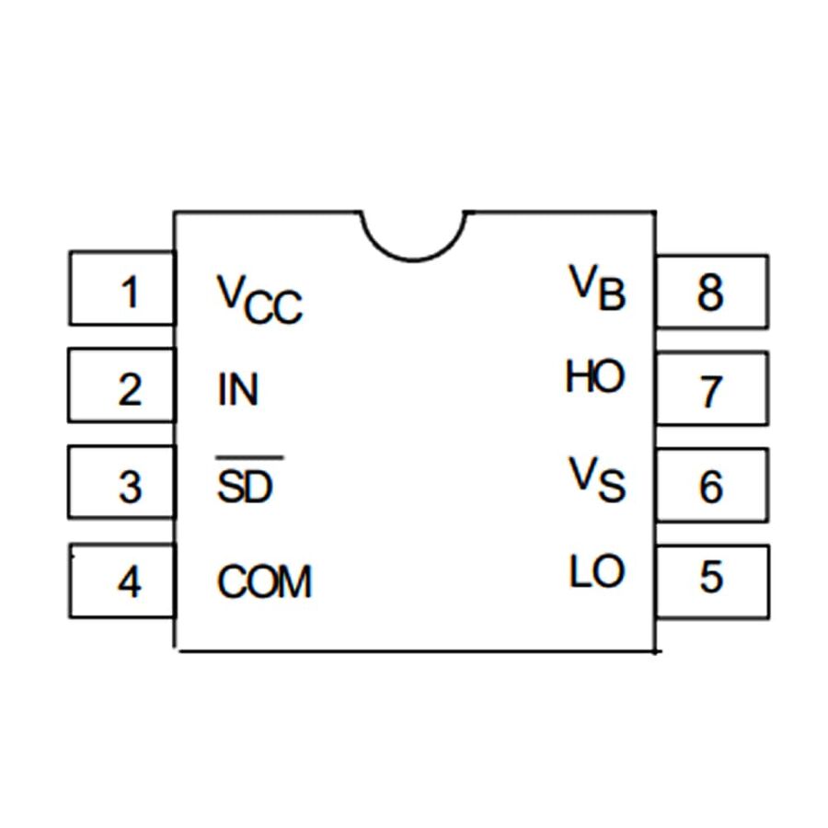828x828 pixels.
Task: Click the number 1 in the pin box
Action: click(x=131, y=293)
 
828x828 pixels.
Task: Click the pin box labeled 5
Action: click(x=711, y=579)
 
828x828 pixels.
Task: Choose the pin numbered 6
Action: click(x=711, y=487)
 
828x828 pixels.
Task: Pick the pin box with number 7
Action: click(x=711, y=391)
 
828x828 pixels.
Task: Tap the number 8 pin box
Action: click(x=711, y=293)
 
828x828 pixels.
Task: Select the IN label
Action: click(x=238, y=390)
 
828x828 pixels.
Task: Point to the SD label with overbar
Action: click(x=246, y=485)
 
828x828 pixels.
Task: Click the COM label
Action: click(x=265, y=581)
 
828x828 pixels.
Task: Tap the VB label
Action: click(x=597, y=287)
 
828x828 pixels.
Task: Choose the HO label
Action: click(x=594, y=377)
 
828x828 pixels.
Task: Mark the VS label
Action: click(x=596, y=479)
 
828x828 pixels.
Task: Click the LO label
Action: click(x=596, y=573)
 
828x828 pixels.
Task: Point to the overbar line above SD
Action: click(x=248, y=457)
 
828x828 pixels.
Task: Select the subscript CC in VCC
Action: click(x=274, y=310)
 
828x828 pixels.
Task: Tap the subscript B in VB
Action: click(x=611, y=296)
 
